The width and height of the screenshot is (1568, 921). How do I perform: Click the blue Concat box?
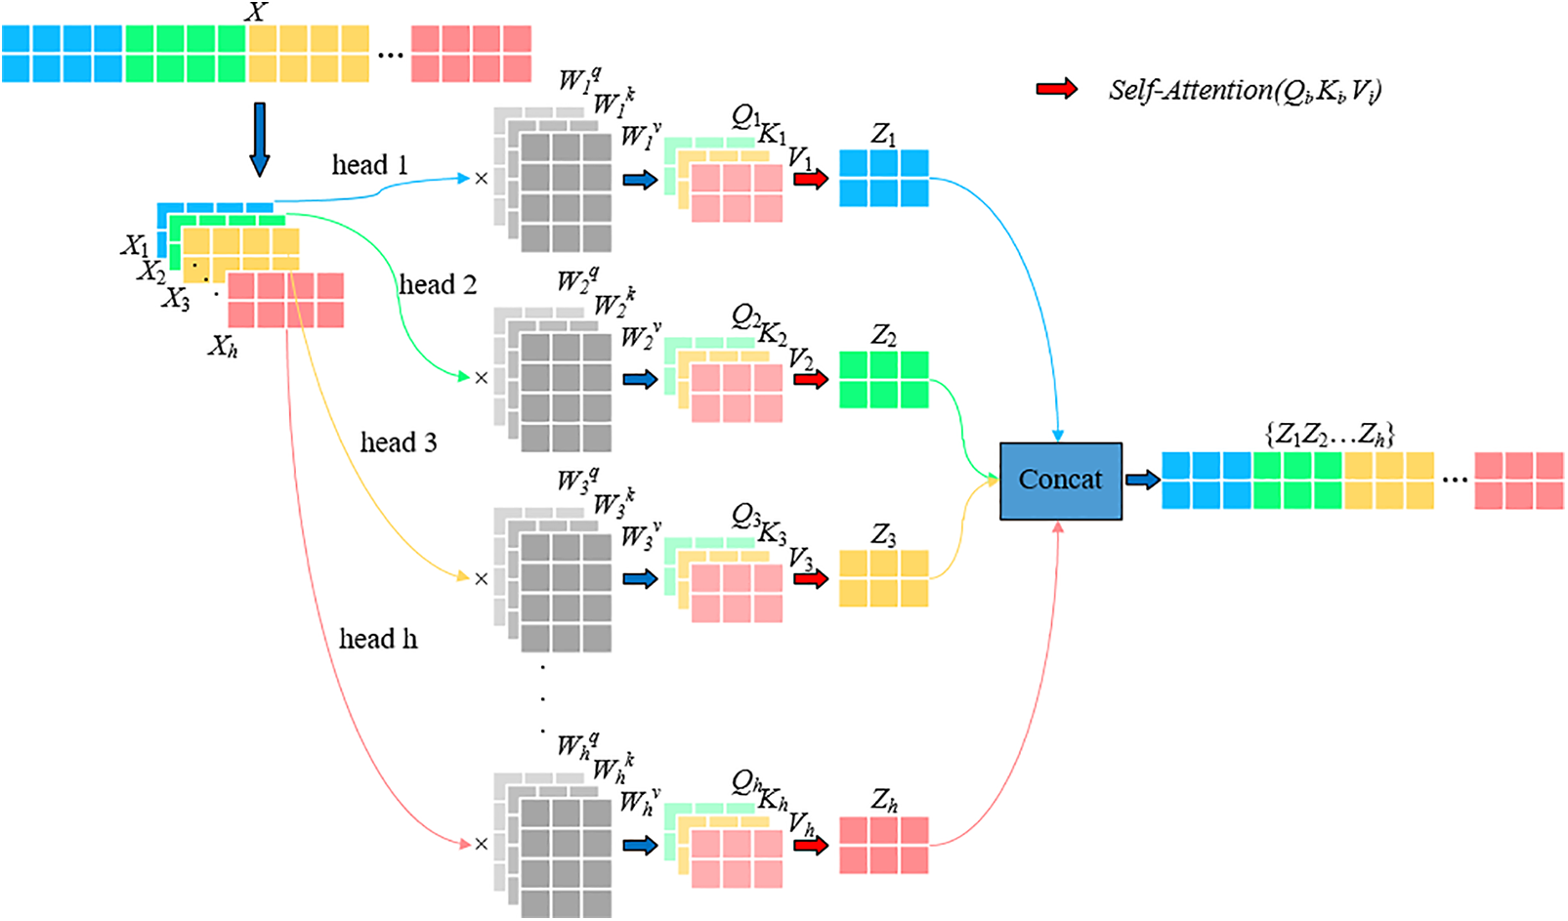[x=1060, y=481]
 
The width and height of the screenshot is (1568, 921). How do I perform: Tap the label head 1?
[x=369, y=165]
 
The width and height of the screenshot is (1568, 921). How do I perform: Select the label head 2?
[x=438, y=285]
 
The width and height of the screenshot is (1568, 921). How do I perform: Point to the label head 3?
[x=399, y=443]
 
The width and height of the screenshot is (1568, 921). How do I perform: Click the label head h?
[x=378, y=640]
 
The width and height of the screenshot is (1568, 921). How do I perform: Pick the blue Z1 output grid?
[x=883, y=178]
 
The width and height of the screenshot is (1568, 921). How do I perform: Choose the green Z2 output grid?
[x=883, y=379]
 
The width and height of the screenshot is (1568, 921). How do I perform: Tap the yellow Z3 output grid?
[x=883, y=578]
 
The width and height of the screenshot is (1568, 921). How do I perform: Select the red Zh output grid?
[x=883, y=845]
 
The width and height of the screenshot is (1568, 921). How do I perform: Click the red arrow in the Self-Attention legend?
[x=1056, y=90]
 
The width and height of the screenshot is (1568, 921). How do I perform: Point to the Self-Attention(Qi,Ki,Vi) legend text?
[x=1245, y=91]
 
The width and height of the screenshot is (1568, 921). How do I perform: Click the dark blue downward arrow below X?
[x=259, y=139]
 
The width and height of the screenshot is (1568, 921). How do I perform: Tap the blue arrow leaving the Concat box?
[x=1142, y=480]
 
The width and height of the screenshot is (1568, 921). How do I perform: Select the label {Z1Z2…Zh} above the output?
[x=1330, y=435]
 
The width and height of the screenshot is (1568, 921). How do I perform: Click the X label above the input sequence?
[x=256, y=13]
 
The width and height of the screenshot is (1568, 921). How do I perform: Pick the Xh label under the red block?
[x=223, y=346]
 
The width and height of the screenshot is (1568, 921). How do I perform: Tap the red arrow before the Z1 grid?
[x=810, y=179]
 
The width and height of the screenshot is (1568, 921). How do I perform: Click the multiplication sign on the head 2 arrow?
[x=481, y=378]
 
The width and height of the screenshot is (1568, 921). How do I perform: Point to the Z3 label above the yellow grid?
[x=883, y=535]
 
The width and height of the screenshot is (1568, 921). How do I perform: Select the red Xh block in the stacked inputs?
[x=285, y=300]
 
